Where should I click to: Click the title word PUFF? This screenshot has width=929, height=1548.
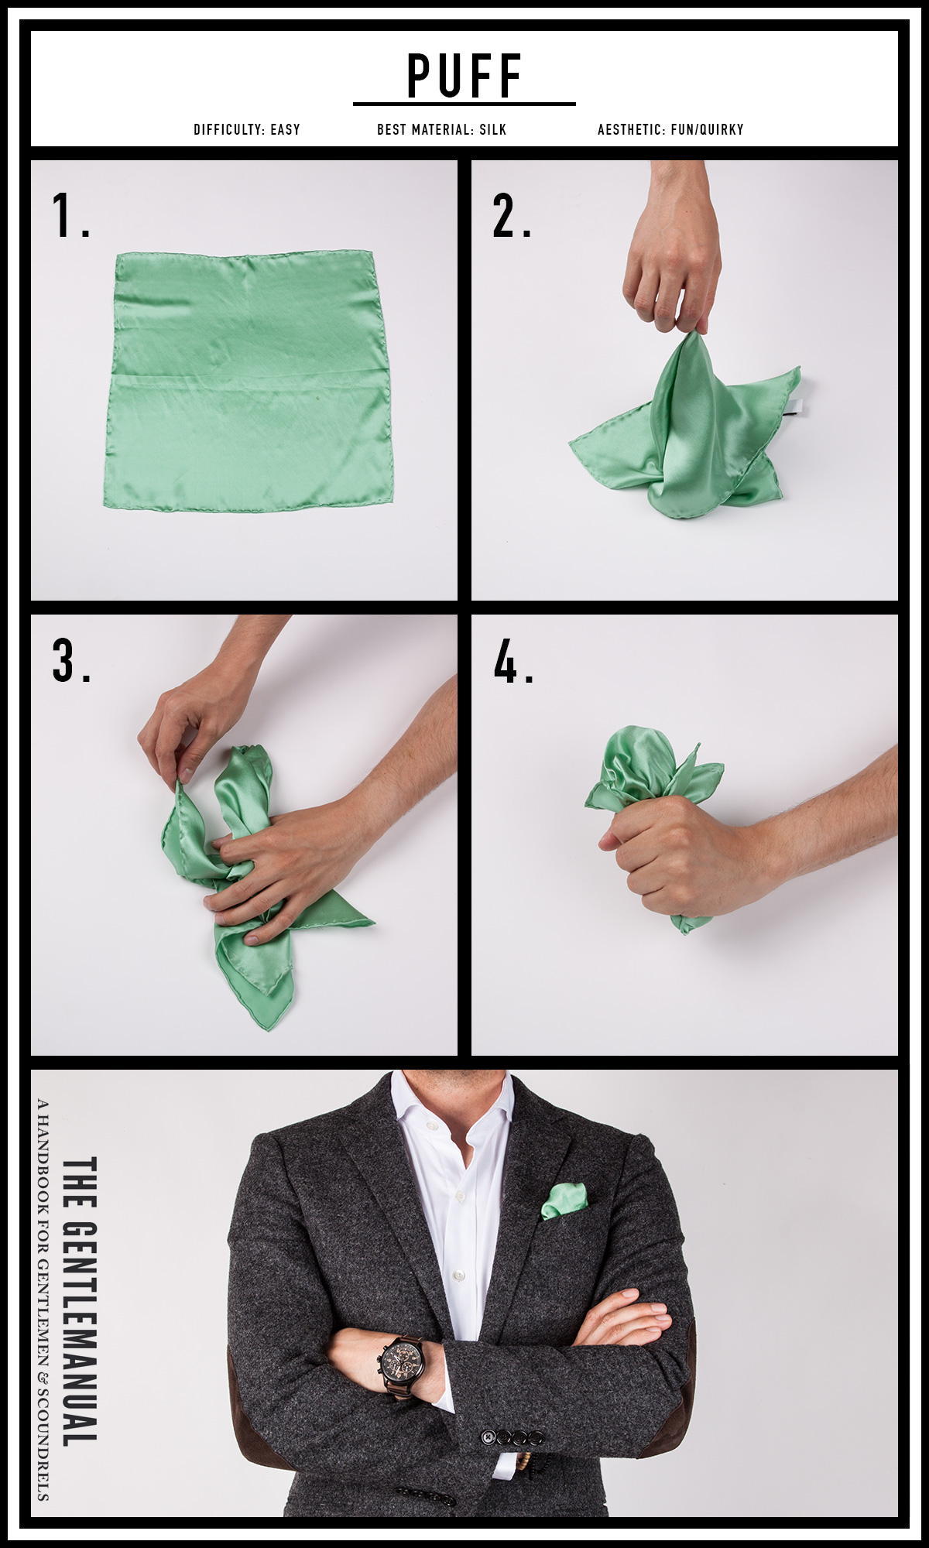tap(464, 76)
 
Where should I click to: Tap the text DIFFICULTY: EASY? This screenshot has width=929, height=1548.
tap(246, 129)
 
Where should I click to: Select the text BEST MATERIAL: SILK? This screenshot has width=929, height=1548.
tap(441, 129)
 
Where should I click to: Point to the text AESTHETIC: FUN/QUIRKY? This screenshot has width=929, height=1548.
tap(670, 129)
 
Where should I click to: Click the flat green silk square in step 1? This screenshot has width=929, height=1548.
tap(248, 379)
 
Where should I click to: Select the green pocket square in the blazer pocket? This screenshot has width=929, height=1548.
tap(564, 1200)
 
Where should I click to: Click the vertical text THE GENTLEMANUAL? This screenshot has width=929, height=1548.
tap(79, 1300)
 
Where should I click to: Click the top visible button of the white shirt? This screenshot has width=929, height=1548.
tap(464, 1196)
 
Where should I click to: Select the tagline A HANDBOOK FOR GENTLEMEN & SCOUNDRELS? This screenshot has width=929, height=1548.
tap(43, 1300)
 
